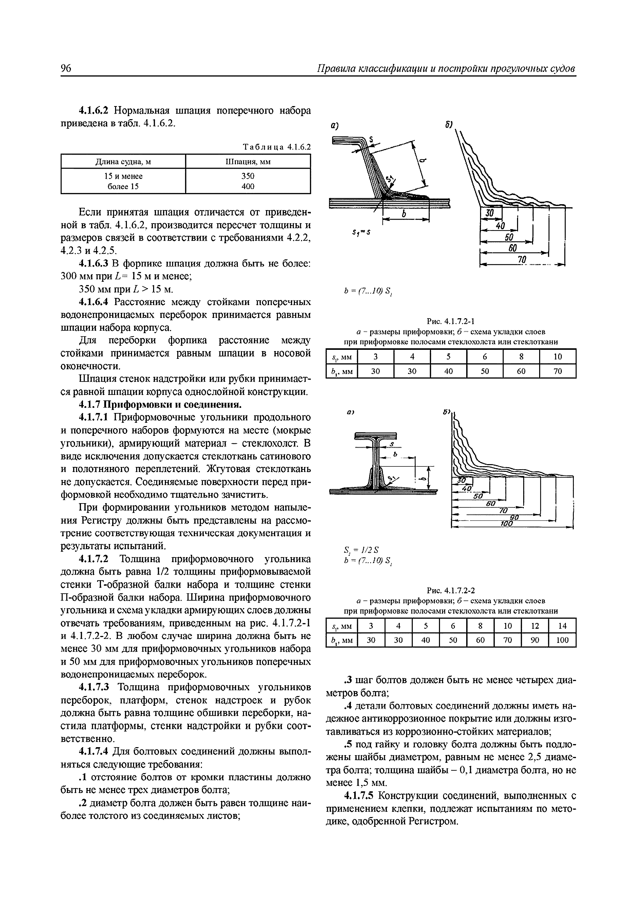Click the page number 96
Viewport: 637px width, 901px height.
66,68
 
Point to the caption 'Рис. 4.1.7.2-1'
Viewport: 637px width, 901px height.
451,322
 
